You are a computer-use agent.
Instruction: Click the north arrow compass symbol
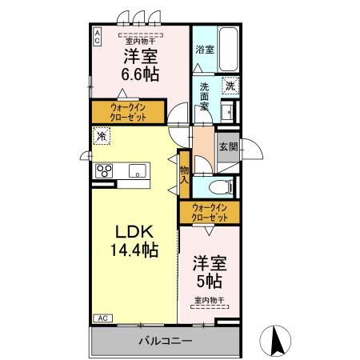[x=275, y=341]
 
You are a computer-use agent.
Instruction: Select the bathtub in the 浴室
[x=228, y=49]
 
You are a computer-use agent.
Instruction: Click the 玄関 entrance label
[x=228, y=146]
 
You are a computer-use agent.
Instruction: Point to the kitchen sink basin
[x=138, y=170]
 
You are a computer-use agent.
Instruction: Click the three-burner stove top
[x=104, y=170]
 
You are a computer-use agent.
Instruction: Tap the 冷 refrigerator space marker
[x=102, y=136]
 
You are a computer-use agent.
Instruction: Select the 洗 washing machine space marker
[x=230, y=86]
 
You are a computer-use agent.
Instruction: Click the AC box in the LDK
[x=103, y=318]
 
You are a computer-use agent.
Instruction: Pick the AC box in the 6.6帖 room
[x=97, y=37]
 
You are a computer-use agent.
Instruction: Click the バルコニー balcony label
[x=166, y=341]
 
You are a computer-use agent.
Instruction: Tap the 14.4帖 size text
[x=134, y=250]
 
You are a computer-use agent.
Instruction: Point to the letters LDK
[x=134, y=231]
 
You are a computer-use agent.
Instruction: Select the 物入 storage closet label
[x=184, y=174]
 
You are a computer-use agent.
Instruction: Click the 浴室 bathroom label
[x=205, y=50]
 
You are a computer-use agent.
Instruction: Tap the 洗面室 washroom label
[x=204, y=96]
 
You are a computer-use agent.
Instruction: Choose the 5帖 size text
[x=210, y=281]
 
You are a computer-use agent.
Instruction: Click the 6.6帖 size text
[x=140, y=74]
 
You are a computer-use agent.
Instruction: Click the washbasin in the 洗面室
[x=227, y=112]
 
